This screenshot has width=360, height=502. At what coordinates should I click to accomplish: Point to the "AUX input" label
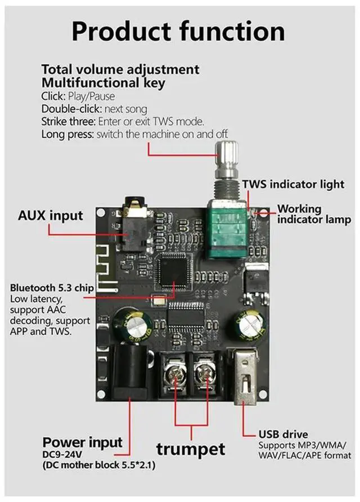tap(50, 216)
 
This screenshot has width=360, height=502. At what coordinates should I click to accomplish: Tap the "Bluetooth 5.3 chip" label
tap(52, 288)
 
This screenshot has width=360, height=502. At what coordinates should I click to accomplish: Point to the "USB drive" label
tap(283, 434)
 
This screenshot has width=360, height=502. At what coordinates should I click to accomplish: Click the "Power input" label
tap(82, 442)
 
